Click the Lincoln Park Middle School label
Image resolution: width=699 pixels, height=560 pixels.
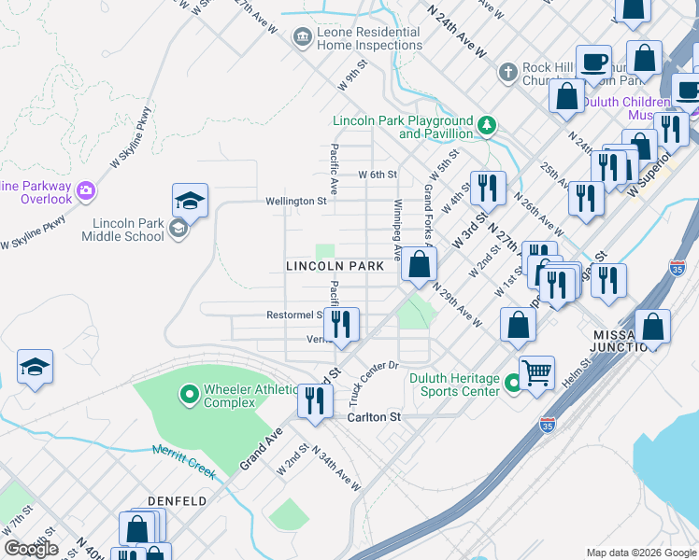coord(128,230)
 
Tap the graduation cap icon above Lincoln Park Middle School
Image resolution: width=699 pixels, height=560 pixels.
coord(189,201)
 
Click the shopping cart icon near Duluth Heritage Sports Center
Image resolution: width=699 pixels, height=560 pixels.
coord(536,372)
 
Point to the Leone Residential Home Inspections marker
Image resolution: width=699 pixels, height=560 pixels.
coord(302,37)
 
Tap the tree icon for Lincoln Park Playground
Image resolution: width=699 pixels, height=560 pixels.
coord(486,124)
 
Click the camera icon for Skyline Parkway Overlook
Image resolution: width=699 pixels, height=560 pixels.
coord(86,190)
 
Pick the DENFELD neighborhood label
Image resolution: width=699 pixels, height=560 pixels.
coord(177,501)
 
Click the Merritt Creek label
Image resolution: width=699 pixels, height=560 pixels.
coord(183,463)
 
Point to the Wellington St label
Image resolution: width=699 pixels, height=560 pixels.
coord(295,201)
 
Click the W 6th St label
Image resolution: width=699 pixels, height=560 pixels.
coord(378,175)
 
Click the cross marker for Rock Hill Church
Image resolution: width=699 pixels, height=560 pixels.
coord(507,72)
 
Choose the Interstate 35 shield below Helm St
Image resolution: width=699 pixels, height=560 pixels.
coord(548,427)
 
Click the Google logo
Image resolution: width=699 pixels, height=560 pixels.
coord(31,549)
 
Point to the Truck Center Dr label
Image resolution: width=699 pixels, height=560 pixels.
coord(373,383)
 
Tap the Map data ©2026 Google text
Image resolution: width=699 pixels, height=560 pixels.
coord(640,553)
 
